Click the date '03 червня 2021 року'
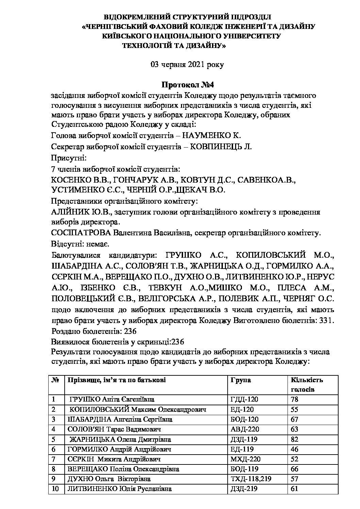pos(187,65)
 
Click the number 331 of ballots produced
pos(327,320)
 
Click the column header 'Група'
pos(241,380)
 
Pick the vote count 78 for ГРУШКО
pos(295,400)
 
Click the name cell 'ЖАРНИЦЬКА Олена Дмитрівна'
pos(120,440)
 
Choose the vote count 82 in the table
pos(295,440)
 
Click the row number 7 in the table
pos(54,459)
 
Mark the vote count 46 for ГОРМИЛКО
pos(295,449)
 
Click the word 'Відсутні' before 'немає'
pos(64,244)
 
